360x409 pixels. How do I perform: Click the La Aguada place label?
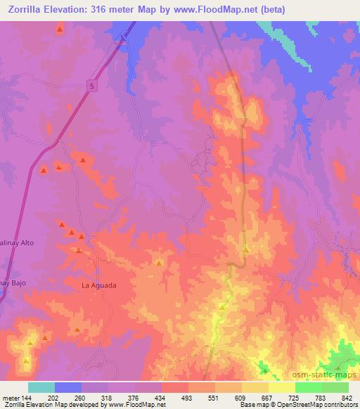pos(98,285)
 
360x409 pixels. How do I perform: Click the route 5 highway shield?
pos(91,85)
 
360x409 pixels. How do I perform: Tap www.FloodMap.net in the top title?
pos(231,8)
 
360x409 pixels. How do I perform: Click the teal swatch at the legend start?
pos(41,387)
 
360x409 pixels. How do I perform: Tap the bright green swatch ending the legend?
pos(335,387)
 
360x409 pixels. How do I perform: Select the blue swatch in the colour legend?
pos(68,387)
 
